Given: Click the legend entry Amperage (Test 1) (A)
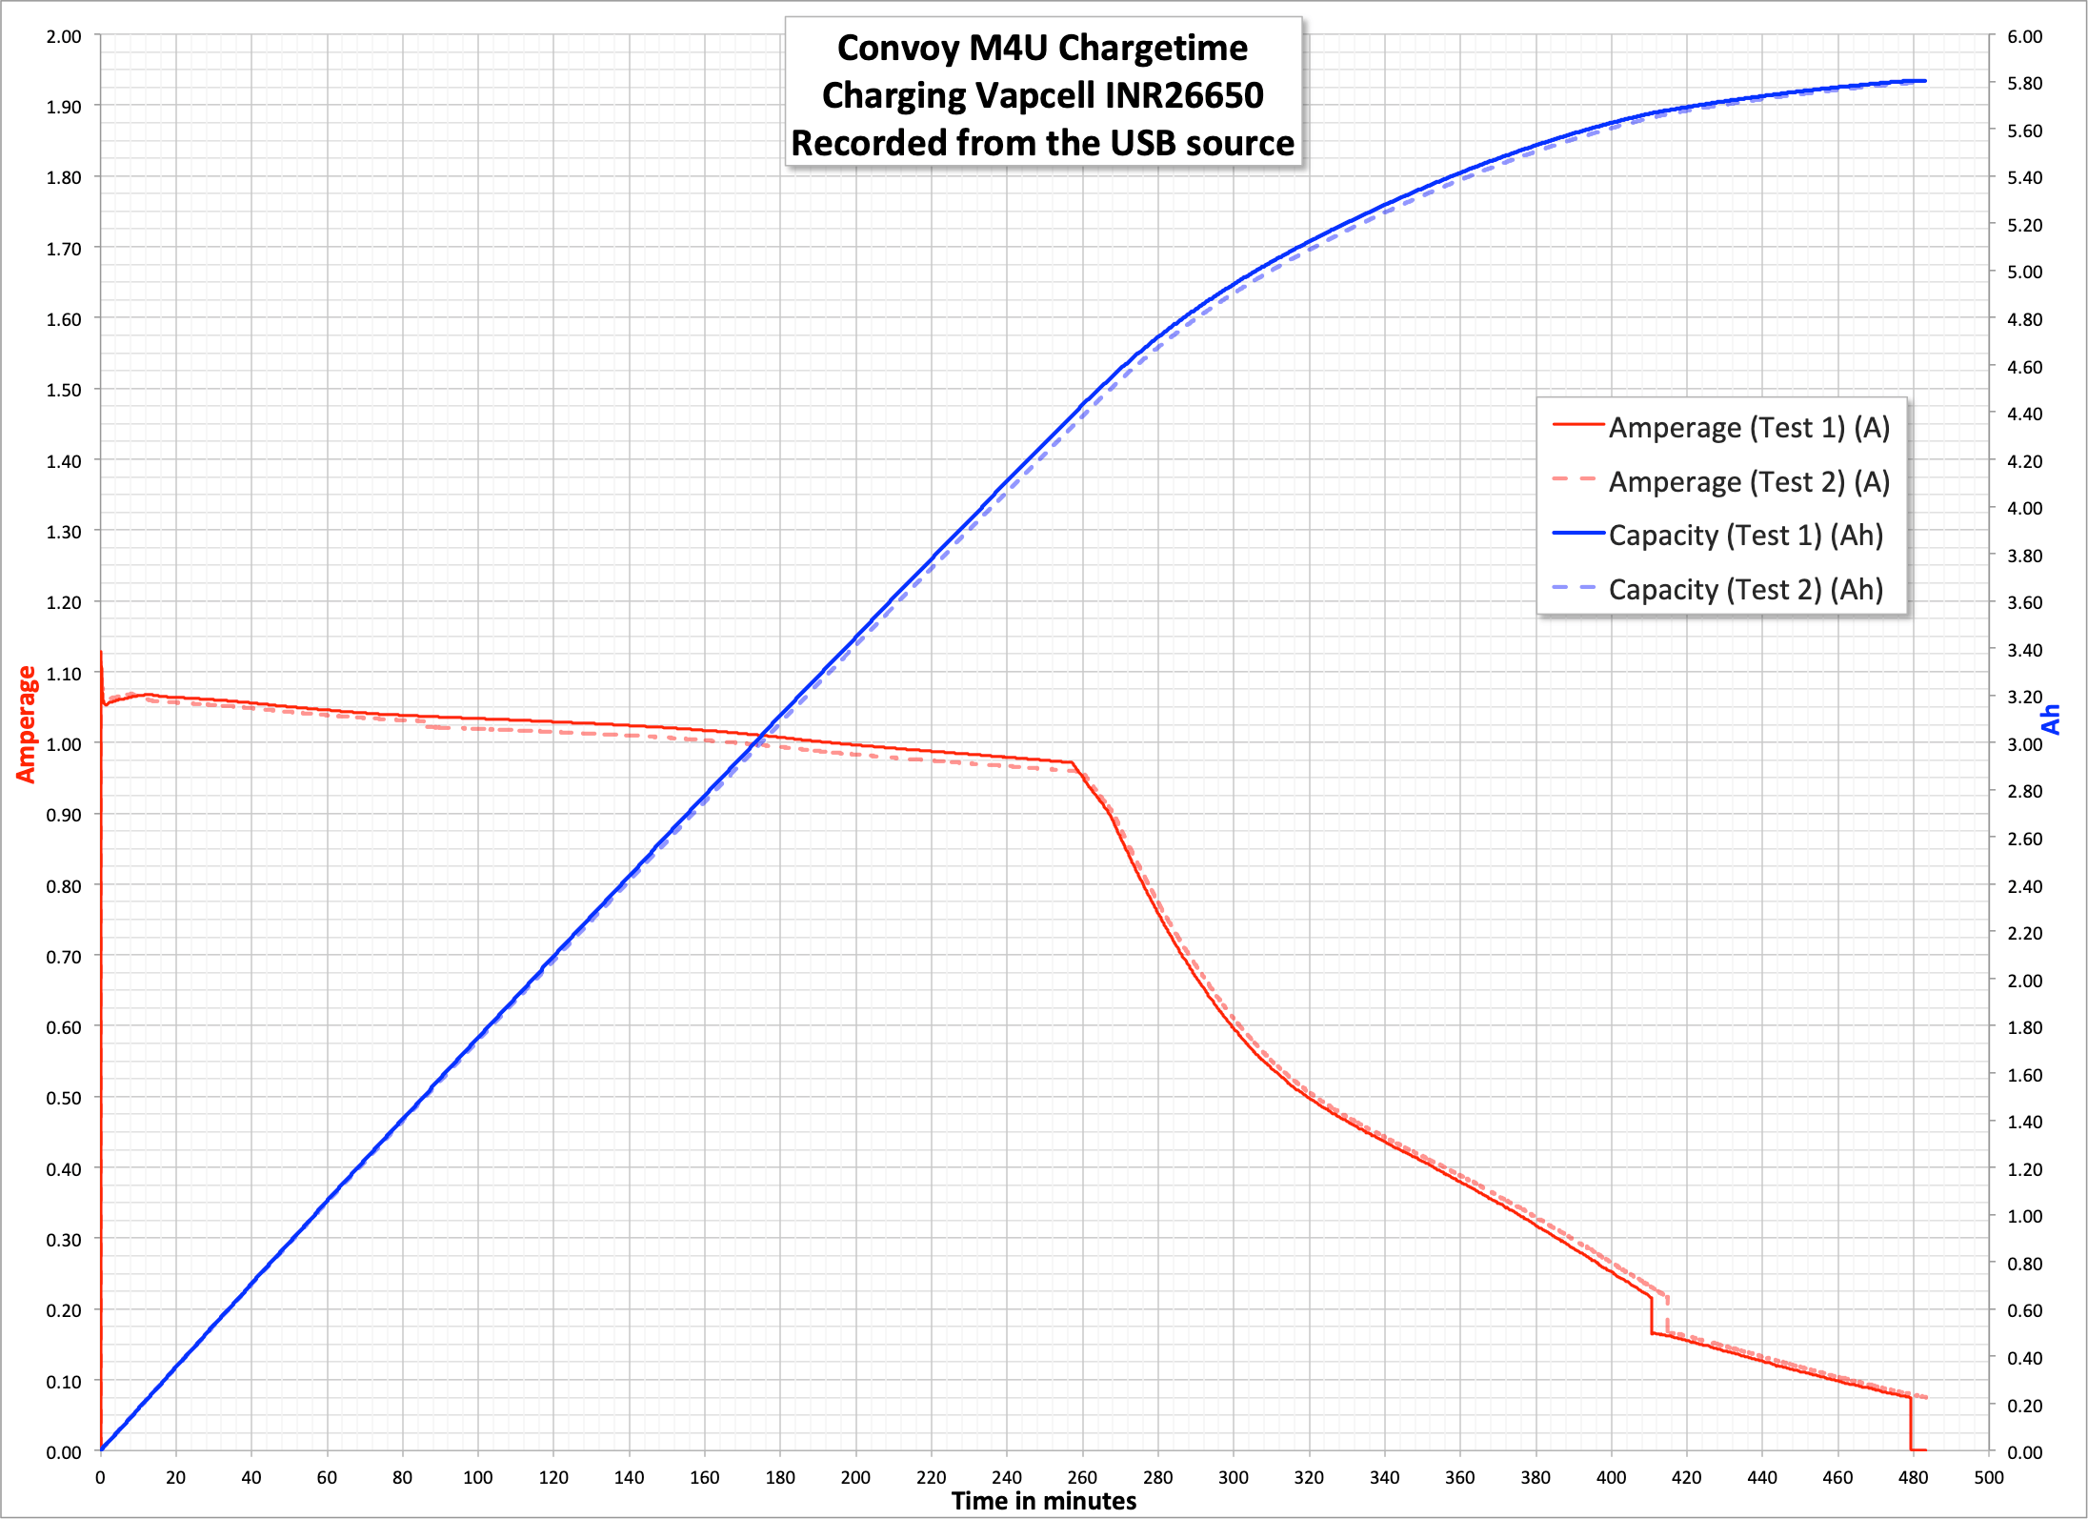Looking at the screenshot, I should click(x=1748, y=428).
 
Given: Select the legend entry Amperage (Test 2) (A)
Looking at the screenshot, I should click(x=1748, y=482).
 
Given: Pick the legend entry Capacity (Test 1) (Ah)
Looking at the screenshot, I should click(x=1745, y=536).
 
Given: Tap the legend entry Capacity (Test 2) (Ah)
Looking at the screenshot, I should click(x=1745, y=590).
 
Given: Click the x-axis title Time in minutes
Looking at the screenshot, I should click(x=1043, y=1501).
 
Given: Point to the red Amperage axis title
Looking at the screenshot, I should click(x=26, y=724).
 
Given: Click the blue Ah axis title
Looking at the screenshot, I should click(x=2051, y=719).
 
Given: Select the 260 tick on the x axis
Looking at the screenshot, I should click(x=1082, y=1477).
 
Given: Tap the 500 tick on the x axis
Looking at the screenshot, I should click(x=1989, y=1477).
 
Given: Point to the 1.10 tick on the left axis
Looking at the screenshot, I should click(x=64, y=674).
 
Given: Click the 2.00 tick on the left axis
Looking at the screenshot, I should click(x=64, y=37).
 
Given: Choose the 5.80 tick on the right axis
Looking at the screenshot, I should click(x=2024, y=84).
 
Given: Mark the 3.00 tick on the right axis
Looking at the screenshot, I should click(x=2024, y=744).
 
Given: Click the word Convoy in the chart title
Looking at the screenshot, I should click(x=894, y=48).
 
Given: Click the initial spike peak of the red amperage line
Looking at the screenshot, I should click(x=101, y=653).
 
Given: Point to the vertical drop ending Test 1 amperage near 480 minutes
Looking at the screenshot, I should click(x=1910, y=1425).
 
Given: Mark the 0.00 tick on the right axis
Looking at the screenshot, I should click(x=2024, y=1452).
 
